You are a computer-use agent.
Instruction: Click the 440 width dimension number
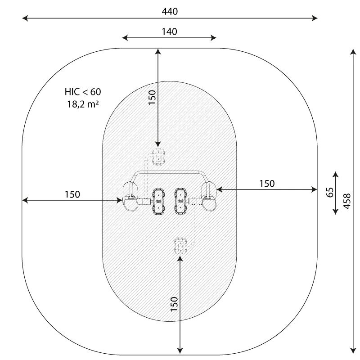click(x=170, y=12)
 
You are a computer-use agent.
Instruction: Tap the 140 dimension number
click(x=170, y=31)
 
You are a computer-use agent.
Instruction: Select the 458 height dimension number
click(x=347, y=201)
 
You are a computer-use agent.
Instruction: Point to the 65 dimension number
click(x=330, y=193)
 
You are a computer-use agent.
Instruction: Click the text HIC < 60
click(x=83, y=92)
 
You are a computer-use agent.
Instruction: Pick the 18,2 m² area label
click(x=83, y=104)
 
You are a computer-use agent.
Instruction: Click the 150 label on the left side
click(x=72, y=194)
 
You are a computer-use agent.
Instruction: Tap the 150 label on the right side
click(x=267, y=184)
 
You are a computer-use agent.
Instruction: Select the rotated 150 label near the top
click(x=152, y=97)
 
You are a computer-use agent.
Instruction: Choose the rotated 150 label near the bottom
click(x=174, y=304)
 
